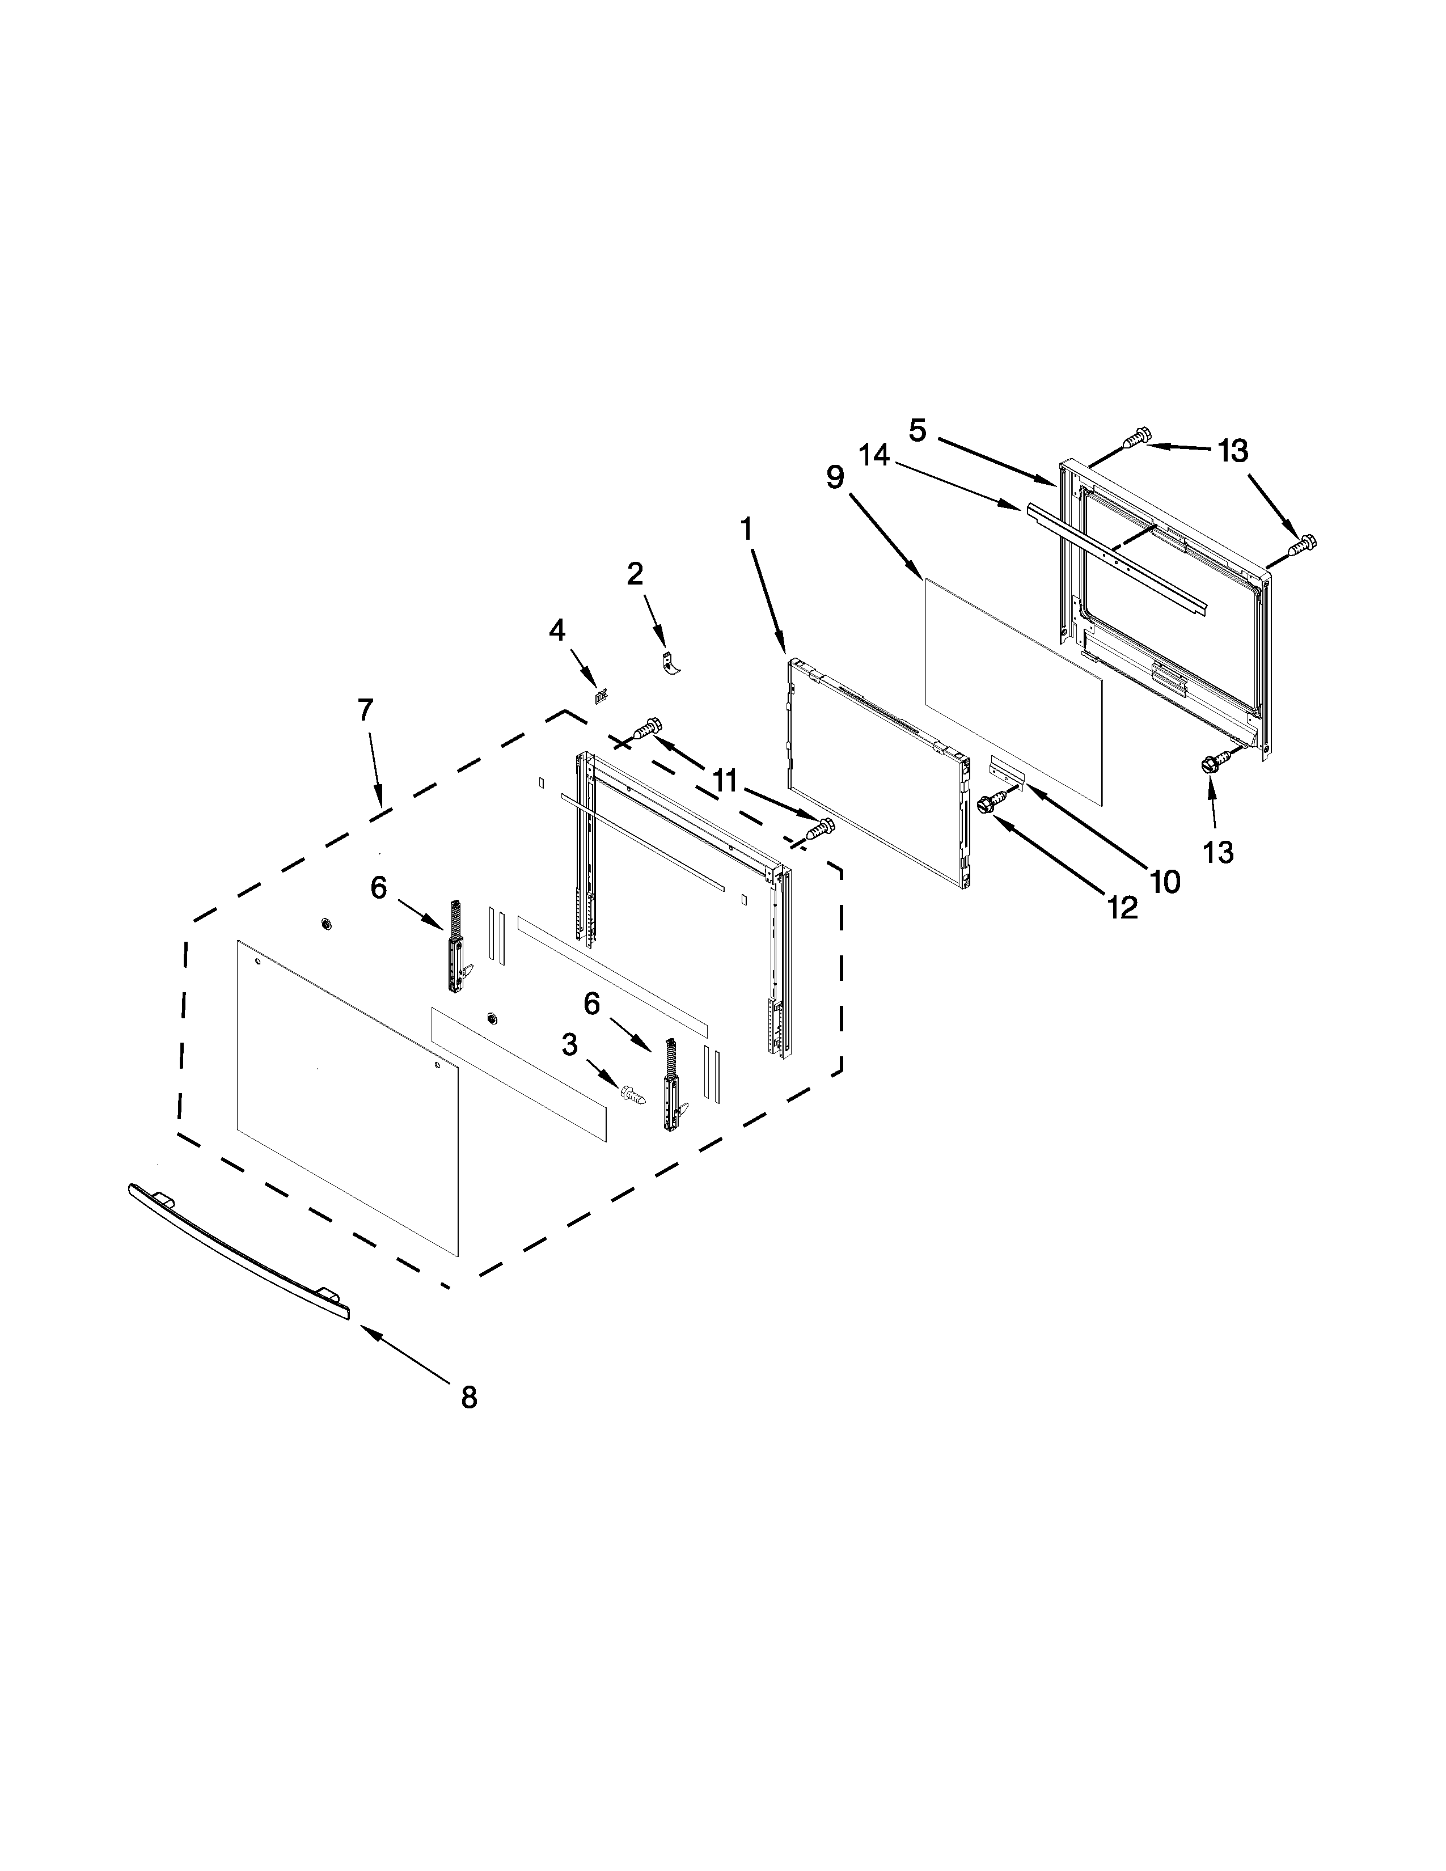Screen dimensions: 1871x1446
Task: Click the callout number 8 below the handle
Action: click(468, 1397)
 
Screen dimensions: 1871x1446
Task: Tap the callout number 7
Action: click(366, 710)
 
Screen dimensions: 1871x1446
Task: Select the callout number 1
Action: click(746, 528)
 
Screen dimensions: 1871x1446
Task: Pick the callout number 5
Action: click(918, 430)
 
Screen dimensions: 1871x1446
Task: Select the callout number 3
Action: click(570, 1044)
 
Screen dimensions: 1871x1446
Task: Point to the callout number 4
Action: click(557, 630)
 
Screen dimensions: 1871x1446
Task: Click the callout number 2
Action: click(635, 573)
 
